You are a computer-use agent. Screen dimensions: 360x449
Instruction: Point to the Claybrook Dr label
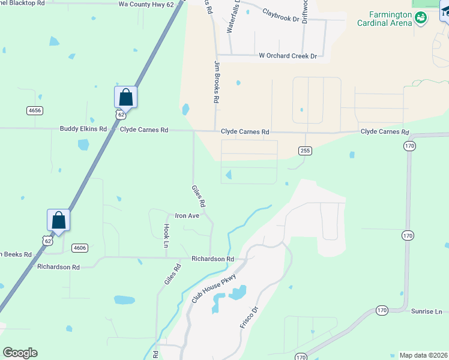(x=280, y=18)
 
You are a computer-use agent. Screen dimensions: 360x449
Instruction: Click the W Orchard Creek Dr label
(x=288, y=56)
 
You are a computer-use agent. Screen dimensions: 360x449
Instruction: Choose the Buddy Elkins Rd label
(x=83, y=129)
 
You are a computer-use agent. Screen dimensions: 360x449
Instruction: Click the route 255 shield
(x=305, y=151)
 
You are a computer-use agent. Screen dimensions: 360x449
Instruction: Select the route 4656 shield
(x=34, y=110)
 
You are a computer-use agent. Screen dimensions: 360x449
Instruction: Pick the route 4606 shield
(x=79, y=247)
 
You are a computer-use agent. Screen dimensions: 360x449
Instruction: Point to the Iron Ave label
(x=187, y=215)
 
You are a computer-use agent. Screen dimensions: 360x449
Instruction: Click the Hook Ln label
(x=166, y=236)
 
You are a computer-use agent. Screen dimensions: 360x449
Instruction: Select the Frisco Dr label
(x=249, y=317)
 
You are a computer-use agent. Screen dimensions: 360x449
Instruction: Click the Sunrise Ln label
(x=426, y=311)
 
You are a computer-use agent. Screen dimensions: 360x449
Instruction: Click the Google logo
(x=20, y=353)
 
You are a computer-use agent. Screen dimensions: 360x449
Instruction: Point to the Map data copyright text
(x=424, y=355)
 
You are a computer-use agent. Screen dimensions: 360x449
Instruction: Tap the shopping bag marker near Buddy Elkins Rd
(x=126, y=97)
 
